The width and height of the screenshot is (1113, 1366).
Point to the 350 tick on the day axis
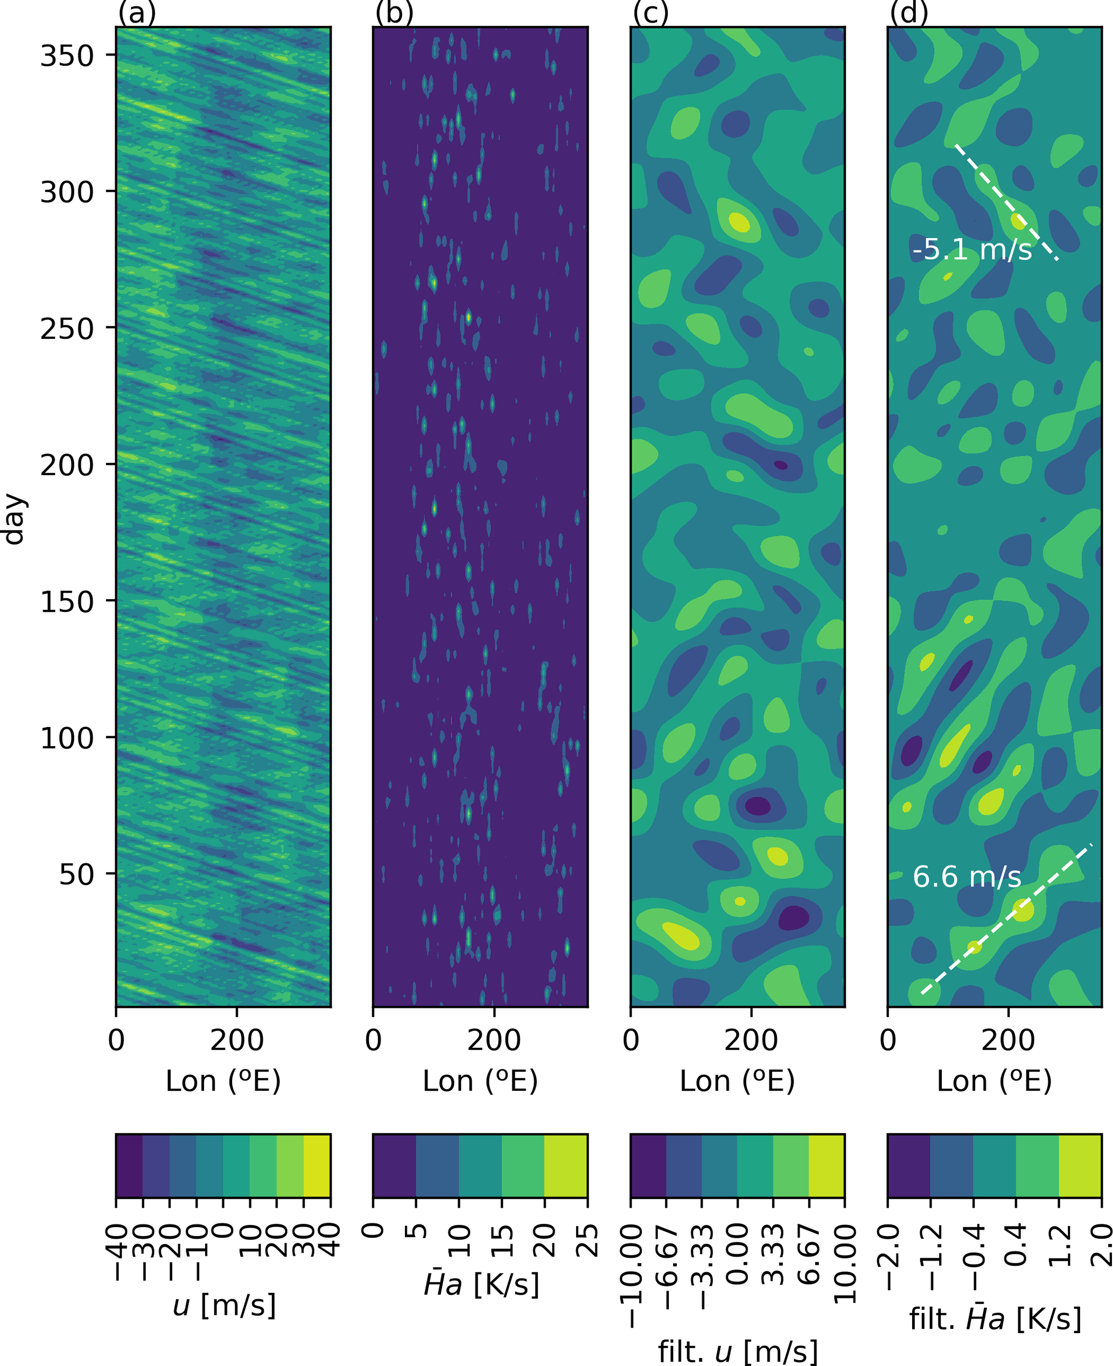[x=67, y=56]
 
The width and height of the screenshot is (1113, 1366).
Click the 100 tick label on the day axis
[x=67, y=738]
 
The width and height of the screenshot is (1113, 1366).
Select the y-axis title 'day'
[x=14, y=519]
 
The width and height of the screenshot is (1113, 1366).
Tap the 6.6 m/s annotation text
[x=967, y=877]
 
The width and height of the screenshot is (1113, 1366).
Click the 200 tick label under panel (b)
[x=494, y=1040]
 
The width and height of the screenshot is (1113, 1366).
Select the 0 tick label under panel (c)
[x=631, y=1040]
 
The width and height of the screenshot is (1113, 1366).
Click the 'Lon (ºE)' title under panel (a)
[x=223, y=1081]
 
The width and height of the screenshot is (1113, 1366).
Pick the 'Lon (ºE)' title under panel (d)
[x=995, y=1081]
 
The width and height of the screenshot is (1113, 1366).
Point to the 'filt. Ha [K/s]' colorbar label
[x=995, y=1319]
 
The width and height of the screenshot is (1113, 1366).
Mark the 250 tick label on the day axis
[x=67, y=329]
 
